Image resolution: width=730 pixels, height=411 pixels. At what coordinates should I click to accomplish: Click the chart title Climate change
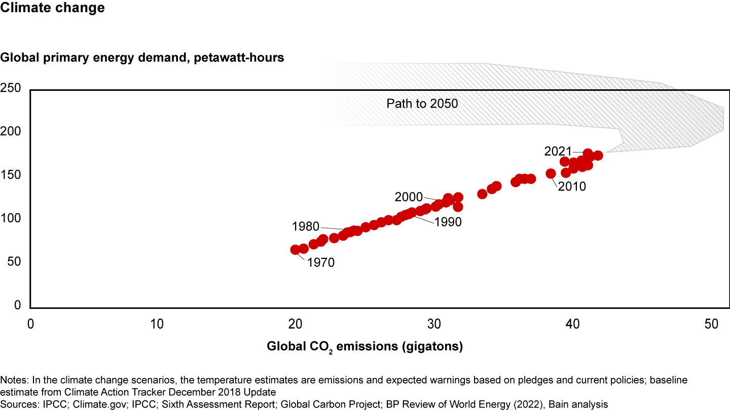(52, 9)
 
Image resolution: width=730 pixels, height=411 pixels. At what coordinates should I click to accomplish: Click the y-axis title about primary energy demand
(142, 57)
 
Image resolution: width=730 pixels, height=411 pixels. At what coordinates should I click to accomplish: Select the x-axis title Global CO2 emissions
(365, 347)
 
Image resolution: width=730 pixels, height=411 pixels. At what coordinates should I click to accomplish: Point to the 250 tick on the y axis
(10, 88)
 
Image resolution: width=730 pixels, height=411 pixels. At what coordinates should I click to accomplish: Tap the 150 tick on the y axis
(10, 175)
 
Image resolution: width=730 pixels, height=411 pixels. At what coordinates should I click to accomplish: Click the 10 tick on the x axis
(157, 323)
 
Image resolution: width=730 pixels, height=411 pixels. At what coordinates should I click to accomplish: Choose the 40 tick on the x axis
(572, 323)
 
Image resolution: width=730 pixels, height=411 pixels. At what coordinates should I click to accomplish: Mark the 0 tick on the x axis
(30, 323)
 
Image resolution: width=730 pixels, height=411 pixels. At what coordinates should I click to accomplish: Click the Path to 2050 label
(422, 104)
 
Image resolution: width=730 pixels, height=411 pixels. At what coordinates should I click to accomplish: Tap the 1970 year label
(321, 263)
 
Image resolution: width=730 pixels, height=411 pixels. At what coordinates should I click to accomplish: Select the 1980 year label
(306, 226)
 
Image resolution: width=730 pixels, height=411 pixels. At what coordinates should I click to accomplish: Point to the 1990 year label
(448, 222)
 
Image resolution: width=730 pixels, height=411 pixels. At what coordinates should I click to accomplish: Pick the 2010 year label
(572, 186)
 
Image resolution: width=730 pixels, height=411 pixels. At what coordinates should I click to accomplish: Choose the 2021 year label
(558, 151)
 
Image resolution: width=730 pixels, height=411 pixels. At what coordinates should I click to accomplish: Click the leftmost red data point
(295, 250)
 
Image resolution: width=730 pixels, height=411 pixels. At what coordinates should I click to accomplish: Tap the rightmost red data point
(598, 155)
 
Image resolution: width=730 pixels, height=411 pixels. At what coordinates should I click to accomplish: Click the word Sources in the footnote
(18, 404)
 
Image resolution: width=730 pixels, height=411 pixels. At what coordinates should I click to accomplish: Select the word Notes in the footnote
(14, 380)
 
